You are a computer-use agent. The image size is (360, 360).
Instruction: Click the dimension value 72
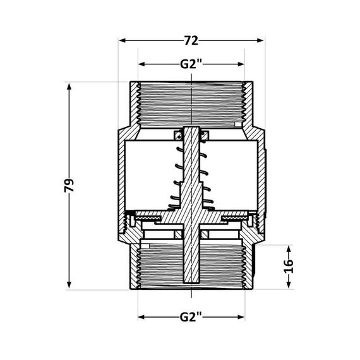click(x=191, y=41)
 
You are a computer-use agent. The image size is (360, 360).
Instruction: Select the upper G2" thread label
click(x=191, y=64)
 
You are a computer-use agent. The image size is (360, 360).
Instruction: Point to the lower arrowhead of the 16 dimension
click(x=289, y=287)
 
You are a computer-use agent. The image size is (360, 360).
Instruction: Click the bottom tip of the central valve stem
click(x=191, y=282)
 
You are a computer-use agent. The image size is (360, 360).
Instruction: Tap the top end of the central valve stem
click(x=191, y=129)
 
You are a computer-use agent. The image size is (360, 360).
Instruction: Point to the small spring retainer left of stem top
click(x=178, y=134)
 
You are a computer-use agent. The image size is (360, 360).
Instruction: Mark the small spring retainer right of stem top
click(x=205, y=134)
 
